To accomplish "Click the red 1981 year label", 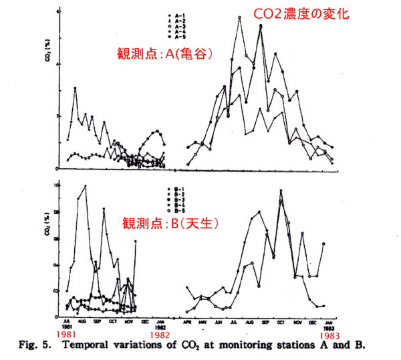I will click(67, 333).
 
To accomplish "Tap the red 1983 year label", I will click(328, 333).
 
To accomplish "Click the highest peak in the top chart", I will click(239, 17).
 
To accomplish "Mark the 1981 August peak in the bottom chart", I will click(85, 186).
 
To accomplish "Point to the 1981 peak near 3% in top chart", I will click(76, 88).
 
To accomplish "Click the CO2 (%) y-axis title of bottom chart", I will click(48, 246).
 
